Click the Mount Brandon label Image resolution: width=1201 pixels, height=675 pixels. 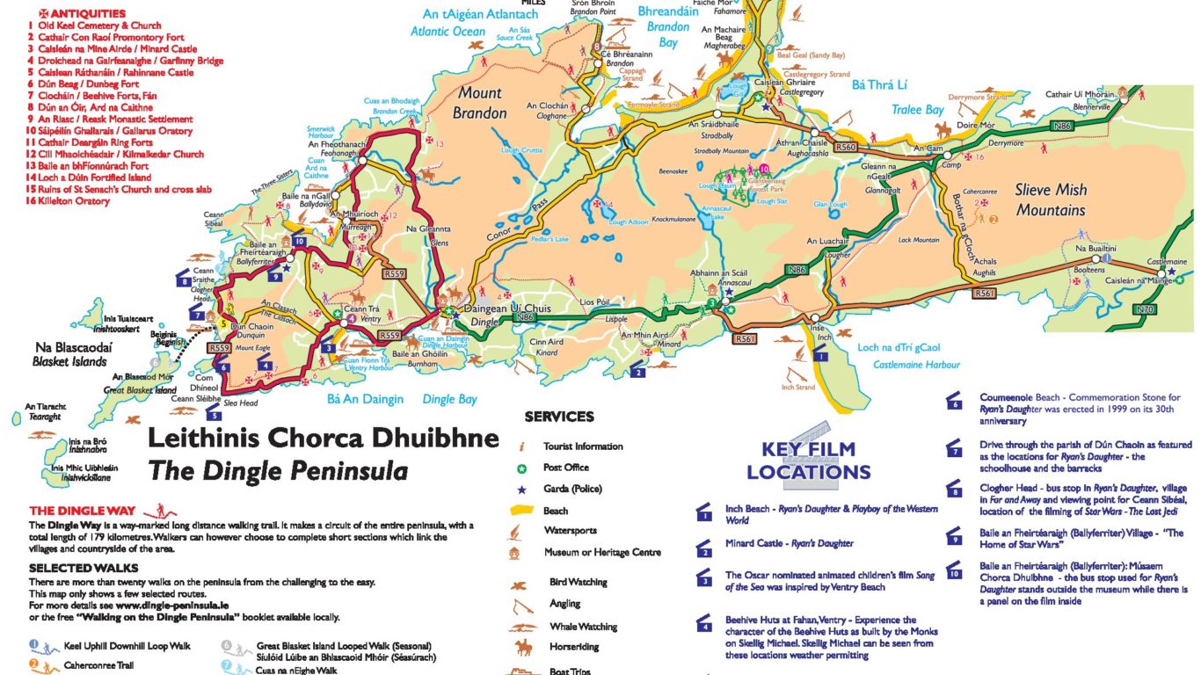479,103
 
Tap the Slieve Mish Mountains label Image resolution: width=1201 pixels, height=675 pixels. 1051,200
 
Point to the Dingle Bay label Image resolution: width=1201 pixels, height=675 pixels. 449,399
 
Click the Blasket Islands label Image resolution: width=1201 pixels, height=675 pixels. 69,361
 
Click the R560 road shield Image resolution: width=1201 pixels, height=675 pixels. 846,149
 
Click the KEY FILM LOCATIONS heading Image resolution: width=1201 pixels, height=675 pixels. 808,461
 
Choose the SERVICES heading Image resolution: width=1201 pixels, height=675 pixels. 559,417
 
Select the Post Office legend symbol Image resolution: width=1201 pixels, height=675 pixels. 522,468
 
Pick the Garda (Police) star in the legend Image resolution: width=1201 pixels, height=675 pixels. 522,489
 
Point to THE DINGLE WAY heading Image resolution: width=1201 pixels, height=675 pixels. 83,511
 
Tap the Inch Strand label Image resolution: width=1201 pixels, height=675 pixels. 798,387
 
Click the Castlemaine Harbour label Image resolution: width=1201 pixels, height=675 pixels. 916,365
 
